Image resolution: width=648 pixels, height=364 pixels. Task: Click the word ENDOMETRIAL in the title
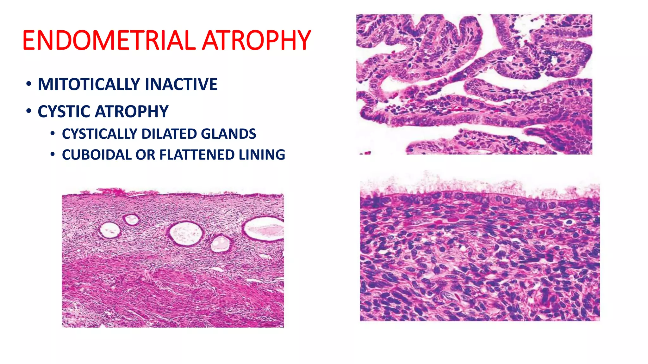109,40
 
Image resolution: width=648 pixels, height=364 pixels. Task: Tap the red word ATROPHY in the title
256,40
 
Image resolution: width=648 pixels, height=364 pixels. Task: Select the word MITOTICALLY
89,84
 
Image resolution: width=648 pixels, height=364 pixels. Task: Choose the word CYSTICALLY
99,134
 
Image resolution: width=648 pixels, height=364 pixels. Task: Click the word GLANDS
228,134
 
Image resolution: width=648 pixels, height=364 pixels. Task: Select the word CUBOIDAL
97,155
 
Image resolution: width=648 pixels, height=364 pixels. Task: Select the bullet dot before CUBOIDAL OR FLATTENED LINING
53,155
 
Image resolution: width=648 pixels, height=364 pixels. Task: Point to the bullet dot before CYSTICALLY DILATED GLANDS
53,134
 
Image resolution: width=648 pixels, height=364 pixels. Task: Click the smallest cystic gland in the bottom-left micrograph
131,219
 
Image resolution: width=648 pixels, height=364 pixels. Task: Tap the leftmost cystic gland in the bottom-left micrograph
109,230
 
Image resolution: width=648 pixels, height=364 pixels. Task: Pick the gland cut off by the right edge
264,228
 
